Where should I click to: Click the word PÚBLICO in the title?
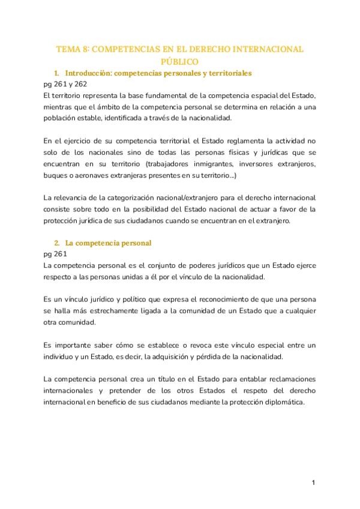click(x=179, y=61)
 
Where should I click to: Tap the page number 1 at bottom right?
click(x=313, y=483)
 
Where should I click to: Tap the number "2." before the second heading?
click(x=57, y=243)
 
